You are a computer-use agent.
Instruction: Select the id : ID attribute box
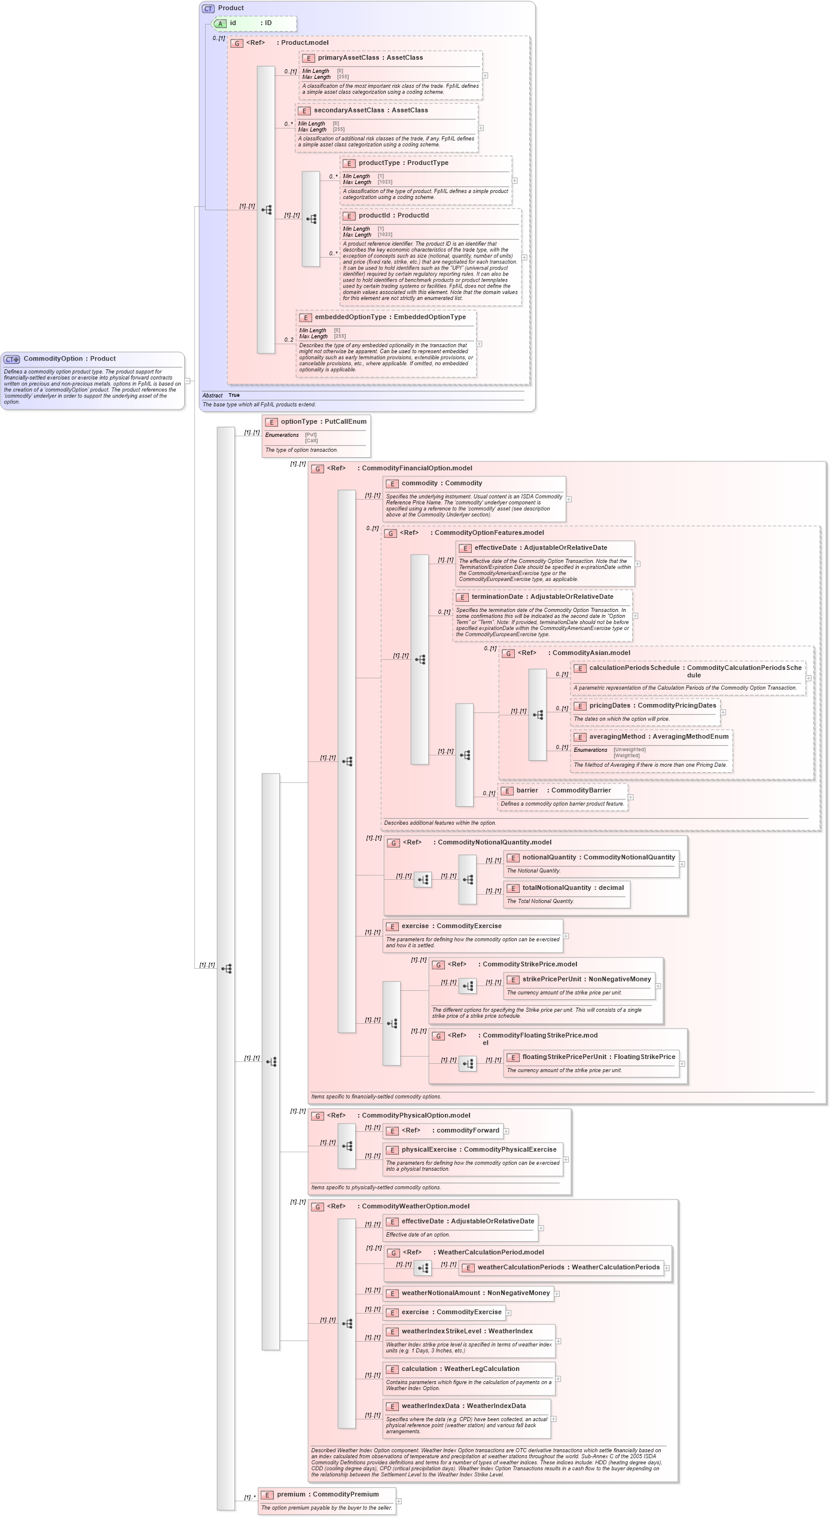point(254,23)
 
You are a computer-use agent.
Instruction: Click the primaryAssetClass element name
point(349,58)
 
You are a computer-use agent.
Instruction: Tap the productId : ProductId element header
point(393,216)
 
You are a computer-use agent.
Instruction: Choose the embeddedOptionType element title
point(350,317)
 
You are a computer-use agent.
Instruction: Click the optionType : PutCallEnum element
point(323,422)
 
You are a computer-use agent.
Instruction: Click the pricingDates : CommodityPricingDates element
point(652,706)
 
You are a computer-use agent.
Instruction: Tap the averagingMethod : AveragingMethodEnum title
point(658,737)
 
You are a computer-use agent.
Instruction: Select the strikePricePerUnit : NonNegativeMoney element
point(586,980)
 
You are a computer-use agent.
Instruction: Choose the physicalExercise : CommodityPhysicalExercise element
point(478,1150)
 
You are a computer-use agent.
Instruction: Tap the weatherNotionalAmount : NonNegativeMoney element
point(475,1293)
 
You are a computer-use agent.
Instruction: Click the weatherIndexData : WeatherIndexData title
point(463,1406)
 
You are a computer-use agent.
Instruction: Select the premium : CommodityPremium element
point(327,1495)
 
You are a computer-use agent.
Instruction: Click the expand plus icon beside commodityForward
point(506,1131)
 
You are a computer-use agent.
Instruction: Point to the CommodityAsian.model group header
point(590,653)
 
